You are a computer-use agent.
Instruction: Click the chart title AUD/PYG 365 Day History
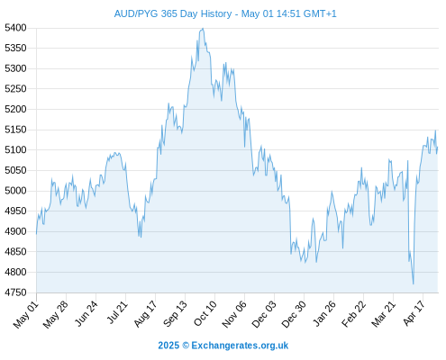[x=173, y=13]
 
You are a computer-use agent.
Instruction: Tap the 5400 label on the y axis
[x=15, y=28]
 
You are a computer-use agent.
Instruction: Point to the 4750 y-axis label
[x=15, y=292]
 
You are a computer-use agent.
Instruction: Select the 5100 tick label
[x=15, y=149]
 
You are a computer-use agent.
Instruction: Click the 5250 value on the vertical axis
[x=15, y=89]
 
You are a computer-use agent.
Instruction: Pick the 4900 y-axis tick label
[x=15, y=231]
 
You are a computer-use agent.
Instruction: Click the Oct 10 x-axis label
[x=205, y=313]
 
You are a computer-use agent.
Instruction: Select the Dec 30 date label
[x=294, y=314]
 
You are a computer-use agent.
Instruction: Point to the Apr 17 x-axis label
[x=414, y=313]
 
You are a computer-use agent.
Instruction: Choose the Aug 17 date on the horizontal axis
[x=146, y=314]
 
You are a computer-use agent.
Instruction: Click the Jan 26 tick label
[x=324, y=313]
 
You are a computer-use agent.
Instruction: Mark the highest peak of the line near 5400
[x=203, y=29]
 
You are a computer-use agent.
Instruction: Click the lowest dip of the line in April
[x=414, y=283]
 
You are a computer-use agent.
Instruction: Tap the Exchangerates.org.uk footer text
[x=240, y=346]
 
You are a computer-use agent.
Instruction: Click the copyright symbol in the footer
[x=186, y=346]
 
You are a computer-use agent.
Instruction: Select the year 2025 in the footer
[x=168, y=346]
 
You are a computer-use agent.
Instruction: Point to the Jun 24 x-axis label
[x=86, y=313]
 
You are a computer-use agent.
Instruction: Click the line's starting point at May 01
[x=37, y=234]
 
